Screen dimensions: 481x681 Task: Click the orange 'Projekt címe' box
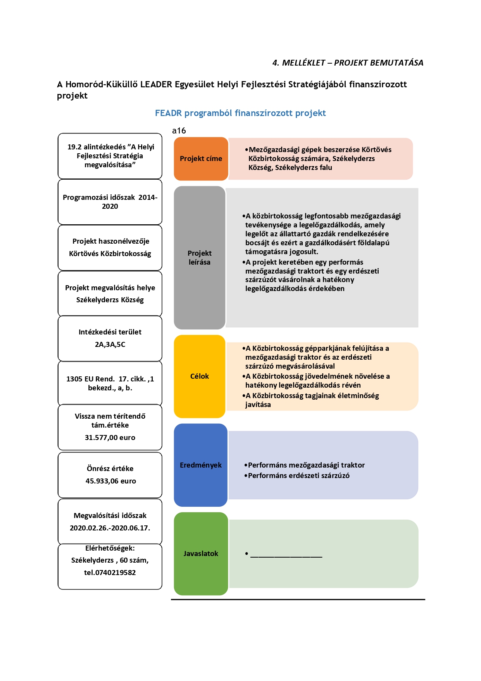pos(201,159)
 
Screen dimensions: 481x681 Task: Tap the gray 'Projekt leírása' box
pos(200,258)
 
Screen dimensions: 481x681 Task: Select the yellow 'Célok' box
pos(200,376)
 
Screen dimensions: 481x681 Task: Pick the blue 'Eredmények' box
pos(201,465)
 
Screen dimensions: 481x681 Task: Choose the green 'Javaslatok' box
pos(201,554)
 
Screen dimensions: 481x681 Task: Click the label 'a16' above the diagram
pos(179,131)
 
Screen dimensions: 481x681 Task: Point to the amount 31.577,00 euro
pos(110,438)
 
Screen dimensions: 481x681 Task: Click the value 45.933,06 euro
pos(111,481)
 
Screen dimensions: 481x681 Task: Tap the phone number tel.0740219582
pos(110,573)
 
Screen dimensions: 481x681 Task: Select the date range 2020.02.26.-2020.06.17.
pos(110,528)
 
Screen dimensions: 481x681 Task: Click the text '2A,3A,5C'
pos(110,345)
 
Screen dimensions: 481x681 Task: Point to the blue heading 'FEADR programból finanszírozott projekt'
pos(240,113)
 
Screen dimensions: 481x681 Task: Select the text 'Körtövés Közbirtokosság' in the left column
pos(110,254)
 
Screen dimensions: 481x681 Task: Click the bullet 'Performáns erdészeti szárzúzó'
pos(299,476)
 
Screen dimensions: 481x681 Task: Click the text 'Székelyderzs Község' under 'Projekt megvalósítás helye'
pos(110,300)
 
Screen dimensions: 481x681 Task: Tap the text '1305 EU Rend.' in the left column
pos(90,379)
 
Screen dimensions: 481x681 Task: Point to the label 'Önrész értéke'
pos(110,469)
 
